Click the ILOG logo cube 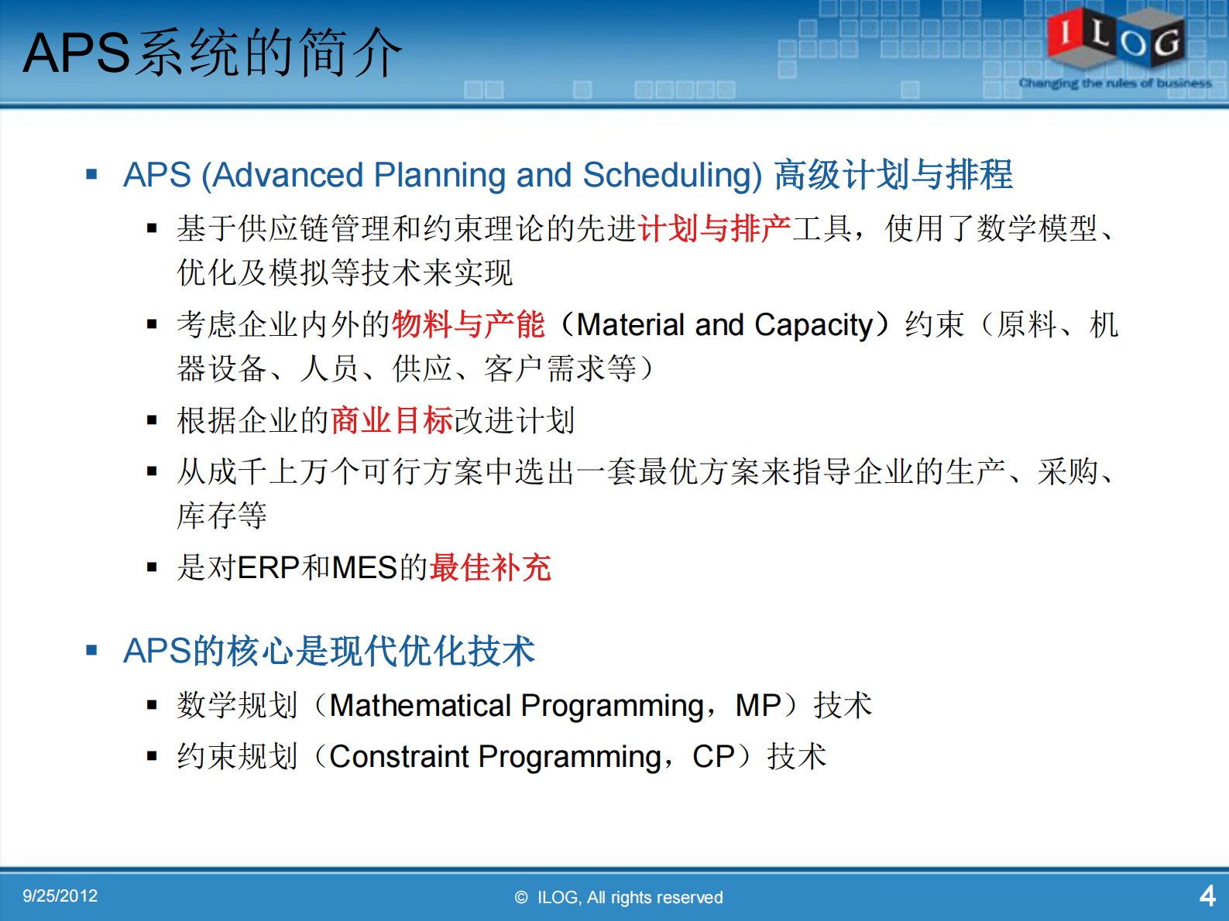1115,36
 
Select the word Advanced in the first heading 288,175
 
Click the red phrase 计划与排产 714,228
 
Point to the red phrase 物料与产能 469,324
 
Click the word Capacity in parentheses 813,325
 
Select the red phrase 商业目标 392,420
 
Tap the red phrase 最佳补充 490,567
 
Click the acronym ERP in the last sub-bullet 268,568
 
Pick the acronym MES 365,568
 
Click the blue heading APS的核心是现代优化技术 329,651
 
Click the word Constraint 399,757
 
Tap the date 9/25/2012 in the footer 60,896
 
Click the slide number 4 1207,896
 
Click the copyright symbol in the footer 521,897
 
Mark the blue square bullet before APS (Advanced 92,175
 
